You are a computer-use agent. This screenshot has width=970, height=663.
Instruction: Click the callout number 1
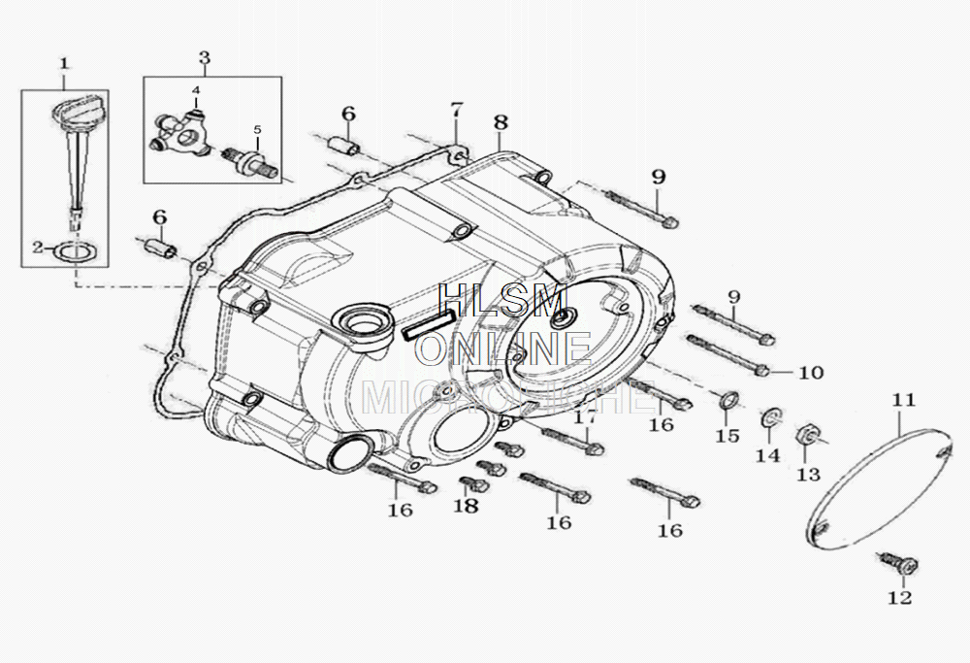click(64, 64)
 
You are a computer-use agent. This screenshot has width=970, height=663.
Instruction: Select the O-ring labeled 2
click(74, 251)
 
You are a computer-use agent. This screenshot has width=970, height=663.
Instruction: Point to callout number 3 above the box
click(204, 57)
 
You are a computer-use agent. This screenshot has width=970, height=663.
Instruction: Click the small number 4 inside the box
click(196, 90)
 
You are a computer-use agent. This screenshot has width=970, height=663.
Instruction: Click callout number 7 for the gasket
click(456, 109)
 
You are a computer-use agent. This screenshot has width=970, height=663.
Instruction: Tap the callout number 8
click(500, 122)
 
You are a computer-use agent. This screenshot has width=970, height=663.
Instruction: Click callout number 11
click(903, 400)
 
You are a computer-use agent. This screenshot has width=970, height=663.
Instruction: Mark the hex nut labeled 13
click(808, 437)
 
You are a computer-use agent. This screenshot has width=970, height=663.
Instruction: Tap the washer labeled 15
click(727, 399)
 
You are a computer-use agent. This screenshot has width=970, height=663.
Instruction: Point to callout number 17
click(584, 417)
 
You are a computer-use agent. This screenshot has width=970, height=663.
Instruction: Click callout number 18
click(467, 506)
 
